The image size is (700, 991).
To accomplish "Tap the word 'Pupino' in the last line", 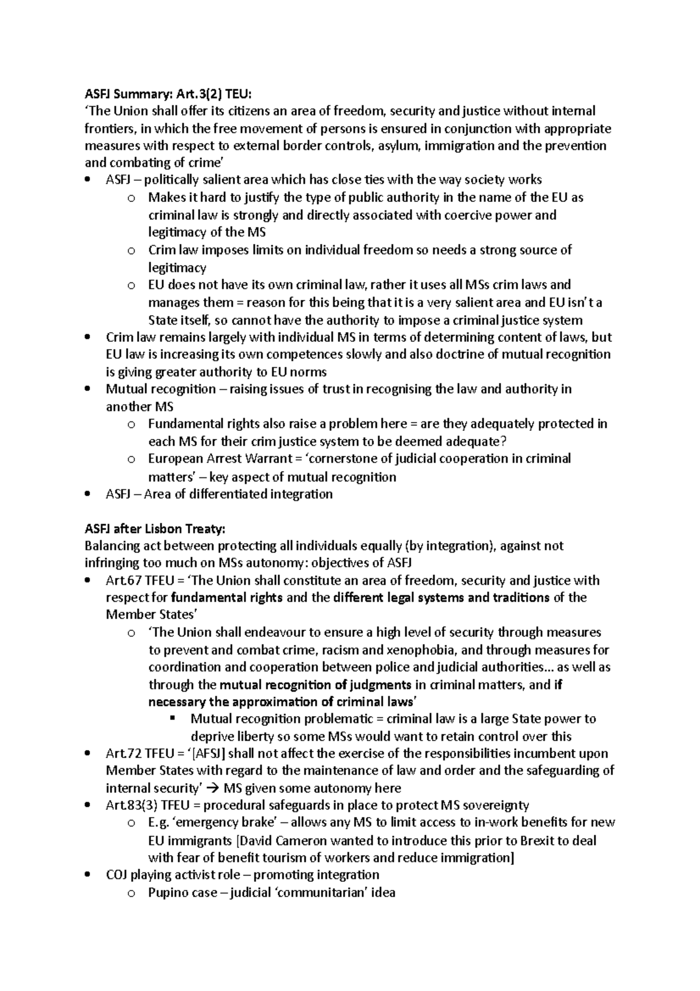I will point(166,892).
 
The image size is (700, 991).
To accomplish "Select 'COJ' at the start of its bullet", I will point(117,875).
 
